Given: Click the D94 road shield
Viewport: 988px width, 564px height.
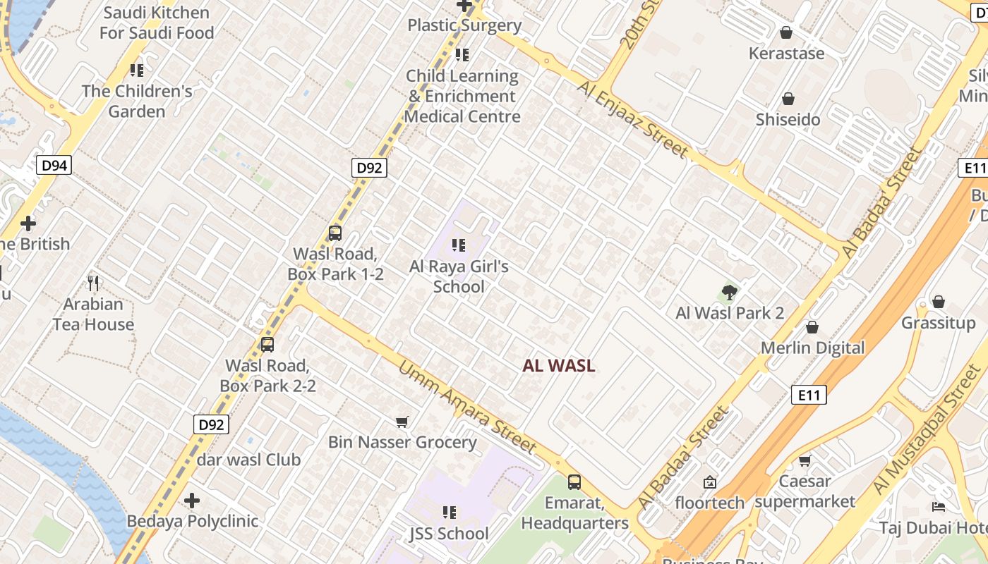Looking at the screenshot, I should coord(54,166).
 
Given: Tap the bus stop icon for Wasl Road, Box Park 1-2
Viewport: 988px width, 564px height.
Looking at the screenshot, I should coord(335,233).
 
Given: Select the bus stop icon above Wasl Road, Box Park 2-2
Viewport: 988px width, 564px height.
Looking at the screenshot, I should coord(267,344).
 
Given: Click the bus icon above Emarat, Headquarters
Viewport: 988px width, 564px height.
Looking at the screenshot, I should coord(574,482).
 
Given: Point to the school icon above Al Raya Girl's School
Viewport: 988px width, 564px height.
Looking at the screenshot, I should coord(459,245).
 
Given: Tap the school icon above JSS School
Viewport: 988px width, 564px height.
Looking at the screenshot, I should coord(449,513).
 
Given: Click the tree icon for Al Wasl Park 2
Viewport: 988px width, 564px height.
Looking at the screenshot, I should coord(730,292).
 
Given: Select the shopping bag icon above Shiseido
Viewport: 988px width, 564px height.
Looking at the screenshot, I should coord(788,99).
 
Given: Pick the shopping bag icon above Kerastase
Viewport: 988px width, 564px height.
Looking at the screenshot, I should coord(786,32).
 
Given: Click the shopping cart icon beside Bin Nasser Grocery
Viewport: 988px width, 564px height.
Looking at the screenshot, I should coord(402,422).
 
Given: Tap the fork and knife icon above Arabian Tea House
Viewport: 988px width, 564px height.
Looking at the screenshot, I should coord(93,283).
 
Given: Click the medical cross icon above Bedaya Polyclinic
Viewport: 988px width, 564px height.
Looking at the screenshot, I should coord(192,501).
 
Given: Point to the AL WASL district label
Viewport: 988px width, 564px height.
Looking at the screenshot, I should coord(559,366).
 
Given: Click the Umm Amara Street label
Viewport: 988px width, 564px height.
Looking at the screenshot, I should coord(467,407).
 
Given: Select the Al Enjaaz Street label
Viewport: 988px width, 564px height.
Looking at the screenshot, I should coord(632,118).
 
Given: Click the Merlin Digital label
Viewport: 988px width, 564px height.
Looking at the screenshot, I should coord(812,348).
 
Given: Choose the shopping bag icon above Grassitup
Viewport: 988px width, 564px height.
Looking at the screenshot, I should coord(938,302).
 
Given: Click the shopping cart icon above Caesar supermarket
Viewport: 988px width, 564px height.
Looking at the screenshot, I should coord(805,460).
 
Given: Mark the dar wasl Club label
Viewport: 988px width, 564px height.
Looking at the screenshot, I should coord(249,460).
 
